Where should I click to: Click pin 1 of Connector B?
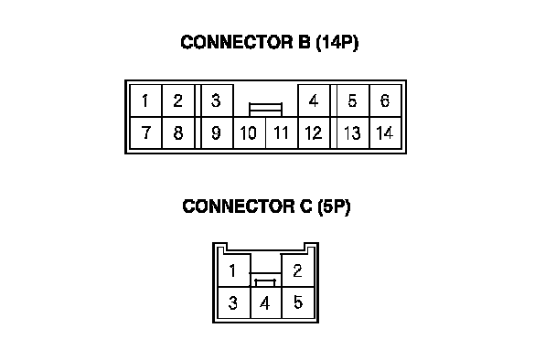click(145, 101)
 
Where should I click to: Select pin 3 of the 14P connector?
click(218, 101)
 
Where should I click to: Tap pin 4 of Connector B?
click(314, 101)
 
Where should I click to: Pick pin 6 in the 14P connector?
click(385, 101)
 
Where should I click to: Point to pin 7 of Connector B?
click(145, 132)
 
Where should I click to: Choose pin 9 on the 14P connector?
click(218, 132)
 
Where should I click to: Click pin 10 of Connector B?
click(250, 132)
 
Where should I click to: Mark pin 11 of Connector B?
click(282, 132)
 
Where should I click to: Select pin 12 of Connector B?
click(314, 132)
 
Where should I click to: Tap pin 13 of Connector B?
click(353, 132)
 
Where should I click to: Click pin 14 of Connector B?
click(385, 132)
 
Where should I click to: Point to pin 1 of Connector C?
click(234, 270)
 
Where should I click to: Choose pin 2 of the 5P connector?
click(298, 270)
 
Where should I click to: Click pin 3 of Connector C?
click(234, 302)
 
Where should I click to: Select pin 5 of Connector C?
click(298, 302)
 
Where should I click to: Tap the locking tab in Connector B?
click(265, 110)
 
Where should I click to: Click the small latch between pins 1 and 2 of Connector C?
click(265, 282)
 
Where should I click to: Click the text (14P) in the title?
click(337, 42)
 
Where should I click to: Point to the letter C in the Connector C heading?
click(305, 206)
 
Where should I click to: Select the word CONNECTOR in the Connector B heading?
click(237, 42)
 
